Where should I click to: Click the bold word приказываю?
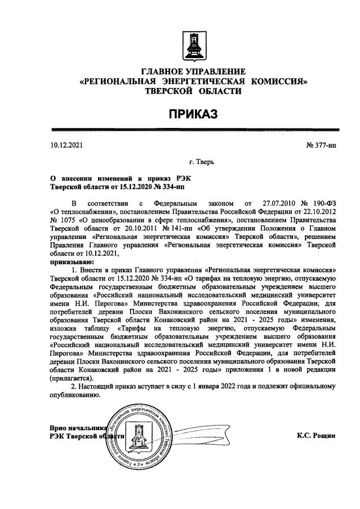tap(71, 262)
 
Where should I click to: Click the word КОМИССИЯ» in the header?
tap(280, 81)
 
